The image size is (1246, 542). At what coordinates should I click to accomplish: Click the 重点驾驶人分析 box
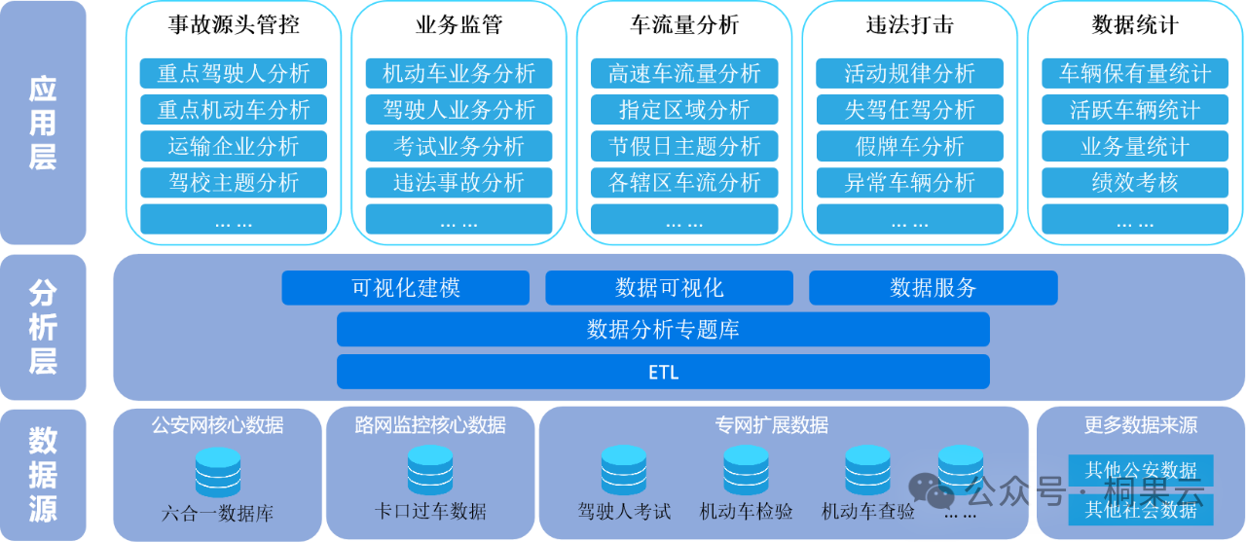pyautogui.click(x=234, y=73)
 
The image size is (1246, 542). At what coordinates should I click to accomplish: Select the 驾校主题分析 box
pyautogui.click(x=234, y=182)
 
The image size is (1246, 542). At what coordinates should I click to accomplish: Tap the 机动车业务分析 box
pyautogui.click(x=458, y=73)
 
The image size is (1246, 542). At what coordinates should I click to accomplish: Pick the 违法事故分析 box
pyautogui.click(x=458, y=182)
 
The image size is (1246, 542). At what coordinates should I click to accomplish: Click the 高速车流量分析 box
pyautogui.click(x=684, y=73)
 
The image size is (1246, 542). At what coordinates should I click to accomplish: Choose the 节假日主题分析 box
pyautogui.click(x=684, y=146)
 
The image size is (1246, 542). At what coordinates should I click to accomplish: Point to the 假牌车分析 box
pyautogui.click(x=909, y=146)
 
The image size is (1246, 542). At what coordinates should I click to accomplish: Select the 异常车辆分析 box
pyautogui.click(x=909, y=182)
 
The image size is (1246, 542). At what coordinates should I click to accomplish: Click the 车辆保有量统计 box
pyautogui.click(x=1135, y=73)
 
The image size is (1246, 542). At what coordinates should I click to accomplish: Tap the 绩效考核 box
pyautogui.click(x=1135, y=182)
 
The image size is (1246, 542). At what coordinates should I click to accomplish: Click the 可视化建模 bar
pyautogui.click(x=405, y=288)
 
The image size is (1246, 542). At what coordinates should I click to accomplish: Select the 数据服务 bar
pyautogui.click(x=933, y=288)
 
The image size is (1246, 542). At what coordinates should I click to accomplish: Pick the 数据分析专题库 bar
pyautogui.click(x=663, y=330)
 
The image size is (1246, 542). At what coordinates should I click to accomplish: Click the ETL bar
pyautogui.click(x=663, y=372)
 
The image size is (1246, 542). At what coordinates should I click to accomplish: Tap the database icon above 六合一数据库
pyautogui.click(x=218, y=472)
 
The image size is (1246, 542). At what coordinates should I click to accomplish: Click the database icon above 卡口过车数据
pyautogui.click(x=430, y=470)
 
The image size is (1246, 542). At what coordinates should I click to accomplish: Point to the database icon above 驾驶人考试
pyautogui.click(x=624, y=470)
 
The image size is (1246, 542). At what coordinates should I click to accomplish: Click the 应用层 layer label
pyautogui.click(x=43, y=124)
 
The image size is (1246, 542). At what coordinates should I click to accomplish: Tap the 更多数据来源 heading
pyautogui.click(x=1140, y=425)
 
